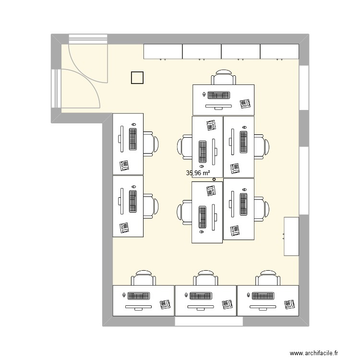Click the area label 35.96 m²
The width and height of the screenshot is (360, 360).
[x=198, y=173]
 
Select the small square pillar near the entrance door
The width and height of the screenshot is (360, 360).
[x=137, y=77]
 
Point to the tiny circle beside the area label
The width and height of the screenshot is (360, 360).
[x=214, y=180]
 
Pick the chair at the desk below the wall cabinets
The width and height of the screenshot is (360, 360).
[x=224, y=78]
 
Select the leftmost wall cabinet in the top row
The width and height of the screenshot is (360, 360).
[x=163, y=51]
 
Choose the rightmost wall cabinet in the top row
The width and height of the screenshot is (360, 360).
[x=280, y=51]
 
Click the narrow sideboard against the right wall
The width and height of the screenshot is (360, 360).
[x=291, y=236]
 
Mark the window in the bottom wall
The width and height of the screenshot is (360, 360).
[x=206, y=322]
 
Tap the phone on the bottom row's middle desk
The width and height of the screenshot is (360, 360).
[x=228, y=304]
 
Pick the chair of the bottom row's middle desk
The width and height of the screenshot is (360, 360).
[x=206, y=278]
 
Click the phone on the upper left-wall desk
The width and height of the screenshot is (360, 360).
[x=125, y=166]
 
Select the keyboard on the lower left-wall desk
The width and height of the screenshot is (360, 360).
[x=133, y=202]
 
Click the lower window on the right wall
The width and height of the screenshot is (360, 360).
[x=304, y=180]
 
